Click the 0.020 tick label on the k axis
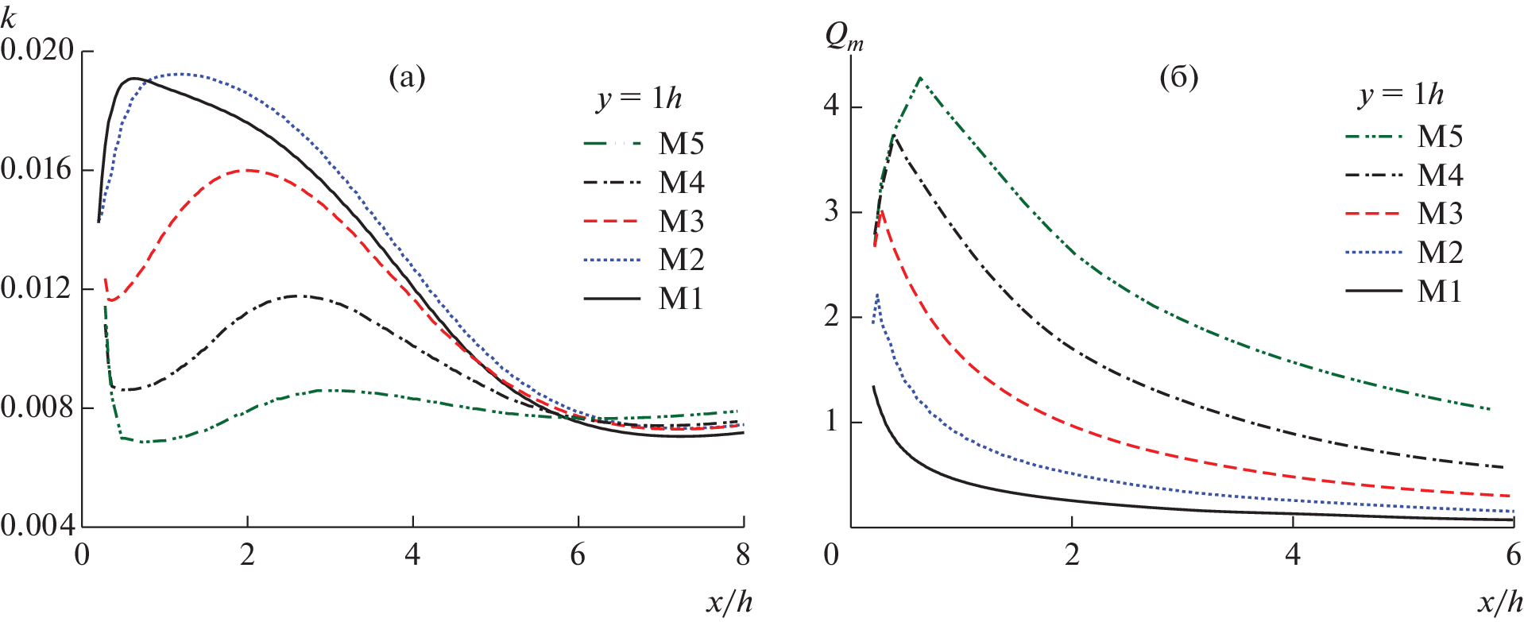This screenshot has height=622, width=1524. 38,50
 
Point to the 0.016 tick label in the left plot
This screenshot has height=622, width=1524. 38,169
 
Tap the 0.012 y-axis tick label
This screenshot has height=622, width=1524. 38,288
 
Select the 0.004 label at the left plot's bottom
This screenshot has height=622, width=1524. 38,525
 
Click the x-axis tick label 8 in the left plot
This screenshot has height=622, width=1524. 743,554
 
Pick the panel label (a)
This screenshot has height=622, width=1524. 407,78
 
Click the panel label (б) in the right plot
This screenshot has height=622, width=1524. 1178,78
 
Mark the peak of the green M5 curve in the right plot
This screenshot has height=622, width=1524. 920,78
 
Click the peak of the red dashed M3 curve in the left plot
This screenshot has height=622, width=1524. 248,169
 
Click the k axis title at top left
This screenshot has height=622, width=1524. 9,17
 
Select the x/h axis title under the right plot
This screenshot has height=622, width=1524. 1500,602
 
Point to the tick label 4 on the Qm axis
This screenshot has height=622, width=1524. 831,106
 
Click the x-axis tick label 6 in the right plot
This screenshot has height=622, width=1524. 1514,554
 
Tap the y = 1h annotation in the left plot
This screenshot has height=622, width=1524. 640,99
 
